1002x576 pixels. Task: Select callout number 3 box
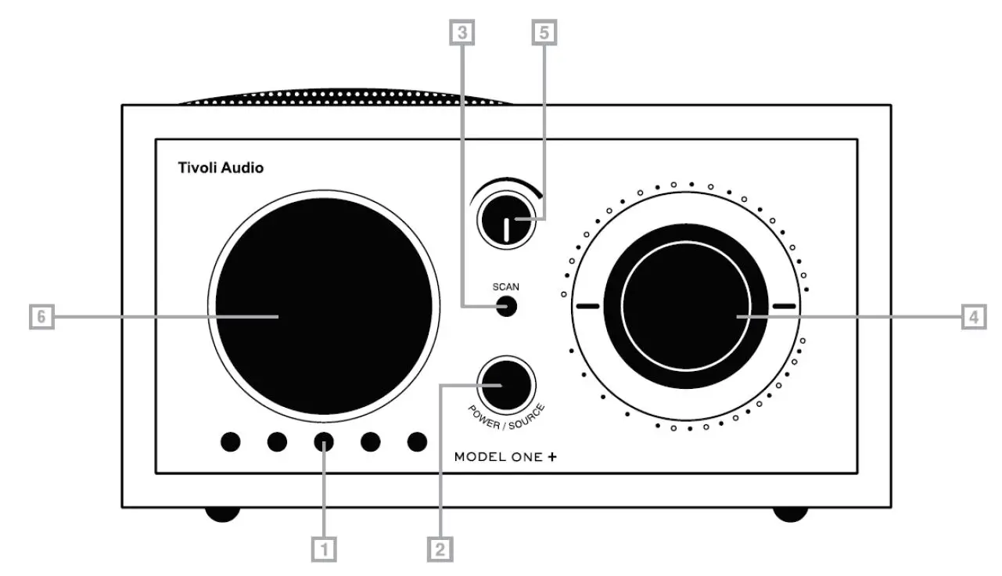tap(464, 33)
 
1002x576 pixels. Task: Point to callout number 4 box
tap(973, 317)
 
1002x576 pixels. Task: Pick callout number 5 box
tap(544, 33)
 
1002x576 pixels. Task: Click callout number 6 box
tap(41, 317)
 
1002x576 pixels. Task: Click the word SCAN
tap(505, 286)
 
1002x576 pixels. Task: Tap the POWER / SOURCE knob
tap(506, 384)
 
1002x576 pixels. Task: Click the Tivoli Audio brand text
tap(220, 168)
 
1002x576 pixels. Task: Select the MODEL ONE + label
tap(505, 458)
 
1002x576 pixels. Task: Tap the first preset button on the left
tap(229, 442)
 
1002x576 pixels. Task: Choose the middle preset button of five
tap(324, 442)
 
